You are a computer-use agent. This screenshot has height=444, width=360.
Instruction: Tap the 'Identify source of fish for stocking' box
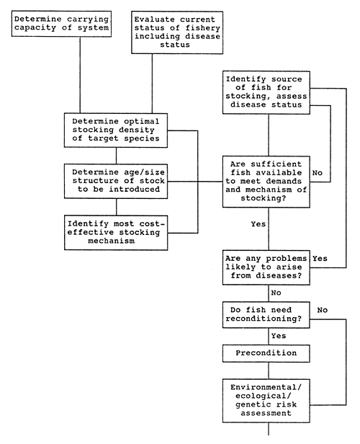pos(268,92)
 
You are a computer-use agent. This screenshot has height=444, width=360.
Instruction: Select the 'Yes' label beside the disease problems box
pos(320,258)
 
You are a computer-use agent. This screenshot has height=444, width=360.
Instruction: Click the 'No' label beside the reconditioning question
pos(323,310)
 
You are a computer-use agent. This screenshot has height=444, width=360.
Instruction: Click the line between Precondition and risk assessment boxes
pos(268,372)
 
